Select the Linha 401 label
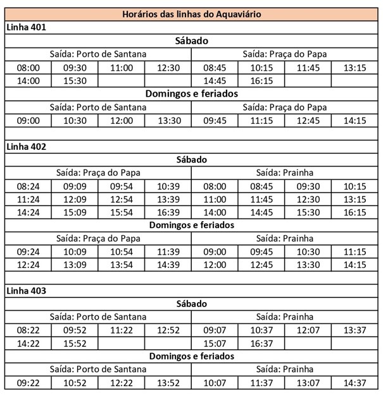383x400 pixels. (26, 27)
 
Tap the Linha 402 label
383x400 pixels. (26, 146)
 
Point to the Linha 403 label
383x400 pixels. (26, 290)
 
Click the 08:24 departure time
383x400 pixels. (28, 186)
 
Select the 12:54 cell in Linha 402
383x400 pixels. (122, 200)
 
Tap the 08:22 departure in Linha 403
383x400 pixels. (28, 330)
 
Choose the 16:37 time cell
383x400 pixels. (261, 343)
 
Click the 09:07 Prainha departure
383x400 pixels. (215, 330)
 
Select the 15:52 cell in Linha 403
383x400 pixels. (75, 343)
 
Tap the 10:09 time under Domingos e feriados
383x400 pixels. (75, 252)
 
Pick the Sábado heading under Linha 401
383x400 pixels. (192, 41)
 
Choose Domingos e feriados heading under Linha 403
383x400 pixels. (192, 356)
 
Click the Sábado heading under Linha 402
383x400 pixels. (192, 160)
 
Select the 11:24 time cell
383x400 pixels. (28, 200)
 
